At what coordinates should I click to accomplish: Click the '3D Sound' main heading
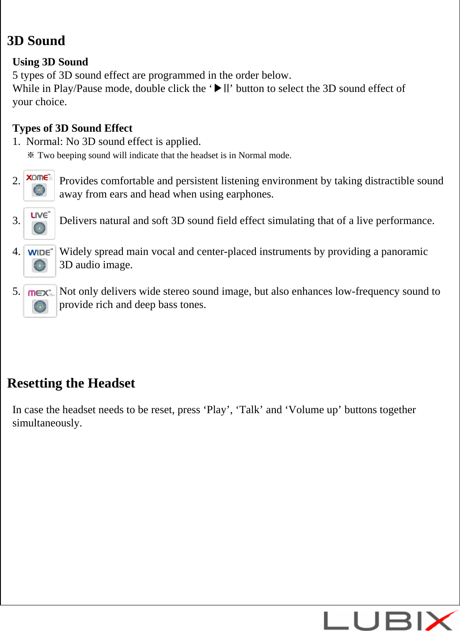click(36, 41)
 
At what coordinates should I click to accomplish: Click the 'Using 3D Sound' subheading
click(50, 62)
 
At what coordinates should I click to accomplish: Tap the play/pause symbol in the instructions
click(221, 88)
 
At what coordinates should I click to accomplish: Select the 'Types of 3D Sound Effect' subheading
click(72, 128)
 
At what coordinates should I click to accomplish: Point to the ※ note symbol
click(31, 155)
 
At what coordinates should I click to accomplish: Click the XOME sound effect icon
click(39, 185)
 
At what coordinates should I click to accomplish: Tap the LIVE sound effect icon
click(39, 223)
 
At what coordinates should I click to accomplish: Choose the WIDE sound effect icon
click(40, 261)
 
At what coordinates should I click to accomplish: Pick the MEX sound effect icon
click(40, 300)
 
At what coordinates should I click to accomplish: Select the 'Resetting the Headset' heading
click(71, 383)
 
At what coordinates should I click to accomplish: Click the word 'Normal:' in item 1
click(45, 141)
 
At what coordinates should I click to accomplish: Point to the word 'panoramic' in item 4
click(404, 252)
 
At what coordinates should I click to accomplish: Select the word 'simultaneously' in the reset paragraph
click(46, 423)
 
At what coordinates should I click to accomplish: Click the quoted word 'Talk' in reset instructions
click(250, 410)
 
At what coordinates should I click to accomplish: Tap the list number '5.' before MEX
click(16, 291)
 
